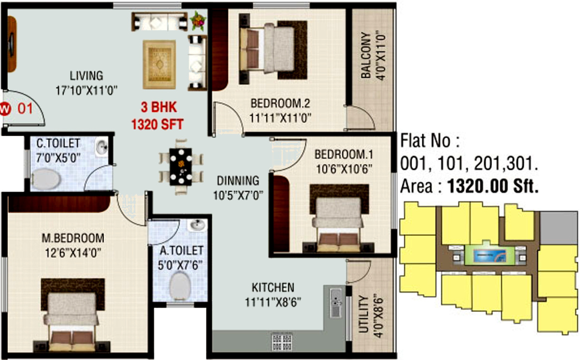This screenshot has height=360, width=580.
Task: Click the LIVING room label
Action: click(x=87, y=76)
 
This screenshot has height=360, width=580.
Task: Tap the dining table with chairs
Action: click(x=181, y=166)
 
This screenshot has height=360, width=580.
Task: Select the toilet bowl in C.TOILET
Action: click(x=46, y=179)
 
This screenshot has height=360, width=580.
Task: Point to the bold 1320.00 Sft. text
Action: click(x=493, y=187)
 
